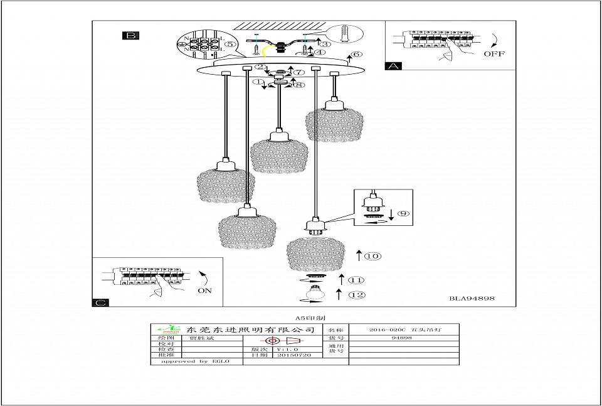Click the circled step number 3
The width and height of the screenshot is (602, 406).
pyautogui.click(x=324, y=44)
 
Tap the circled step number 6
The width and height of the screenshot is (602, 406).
pyautogui.click(x=356, y=55)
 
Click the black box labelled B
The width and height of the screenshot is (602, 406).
pyautogui.click(x=130, y=36)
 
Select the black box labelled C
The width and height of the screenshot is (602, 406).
pyautogui.click(x=100, y=302)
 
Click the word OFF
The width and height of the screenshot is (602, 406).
pyautogui.click(x=494, y=54)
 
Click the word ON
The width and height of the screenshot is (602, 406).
pyautogui.click(x=204, y=291)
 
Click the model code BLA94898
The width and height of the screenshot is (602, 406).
pyautogui.click(x=472, y=299)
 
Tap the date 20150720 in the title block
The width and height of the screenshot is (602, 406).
pyautogui.click(x=293, y=355)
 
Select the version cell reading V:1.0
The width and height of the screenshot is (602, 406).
pyautogui.click(x=285, y=349)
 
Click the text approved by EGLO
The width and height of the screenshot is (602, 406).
pyautogui.click(x=195, y=361)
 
